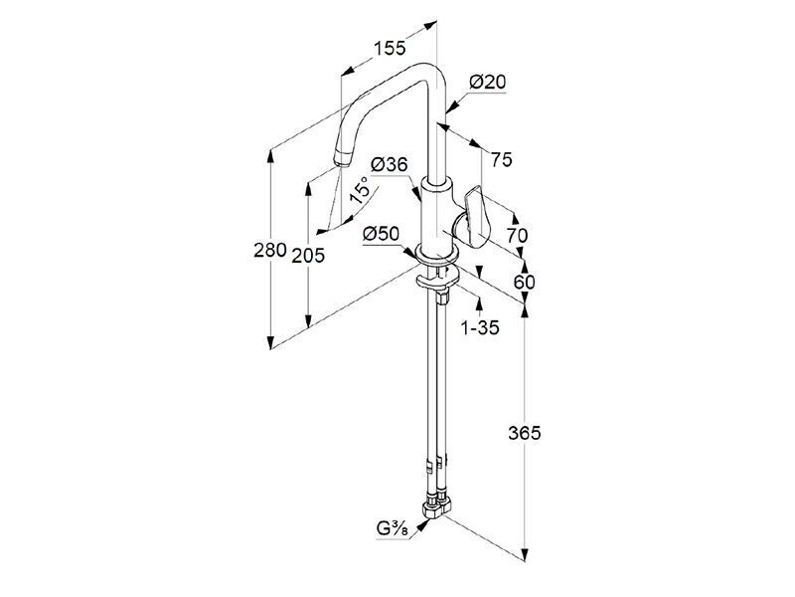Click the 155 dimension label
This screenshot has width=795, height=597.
click(x=390, y=48)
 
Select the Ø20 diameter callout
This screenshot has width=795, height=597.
click(x=488, y=82)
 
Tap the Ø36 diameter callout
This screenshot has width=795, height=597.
click(x=390, y=164)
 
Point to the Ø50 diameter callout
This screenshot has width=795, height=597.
click(x=382, y=234)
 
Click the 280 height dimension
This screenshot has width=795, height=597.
click(x=270, y=250)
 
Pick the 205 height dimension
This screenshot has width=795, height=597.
click(x=308, y=256)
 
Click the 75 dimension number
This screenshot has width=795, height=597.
click(x=502, y=160)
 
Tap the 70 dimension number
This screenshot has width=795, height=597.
click(x=517, y=235)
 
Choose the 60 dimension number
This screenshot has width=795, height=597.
click(x=525, y=282)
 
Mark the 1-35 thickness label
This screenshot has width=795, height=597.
click(x=480, y=328)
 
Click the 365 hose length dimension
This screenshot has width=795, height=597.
click(x=525, y=433)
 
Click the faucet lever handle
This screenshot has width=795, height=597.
click(x=473, y=217)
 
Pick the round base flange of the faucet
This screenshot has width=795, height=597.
click(x=437, y=254)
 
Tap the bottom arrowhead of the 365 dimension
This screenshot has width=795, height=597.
click(x=525, y=555)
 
